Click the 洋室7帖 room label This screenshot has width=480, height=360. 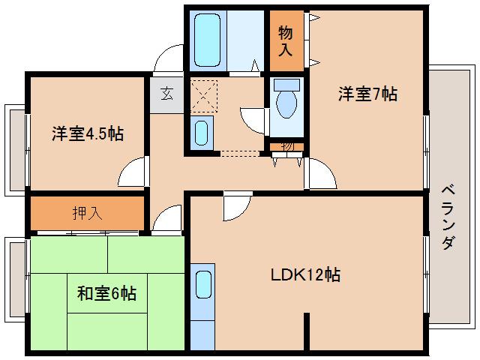pyautogui.click(x=367, y=94)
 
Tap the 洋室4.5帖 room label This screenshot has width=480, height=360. pyautogui.click(x=87, y=134)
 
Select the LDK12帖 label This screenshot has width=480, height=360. pyautogui.click(x=305, y=274)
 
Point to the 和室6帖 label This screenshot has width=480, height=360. pyautogui.click(x=106, y=293)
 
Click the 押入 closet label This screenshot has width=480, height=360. pyautogui.click(x=87, y=213)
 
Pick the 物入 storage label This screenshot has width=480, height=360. pyautogui.click(x=286, y=42)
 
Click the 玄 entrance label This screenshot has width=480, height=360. pyautogui.click(x=166, y=94)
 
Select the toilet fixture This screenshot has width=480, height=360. pyautogui.click(x=285, y=99)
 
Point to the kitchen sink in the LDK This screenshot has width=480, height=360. pyautogui.click(x=202, y=285)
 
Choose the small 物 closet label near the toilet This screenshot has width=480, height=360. pyautogui.click(x=287, y=145)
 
